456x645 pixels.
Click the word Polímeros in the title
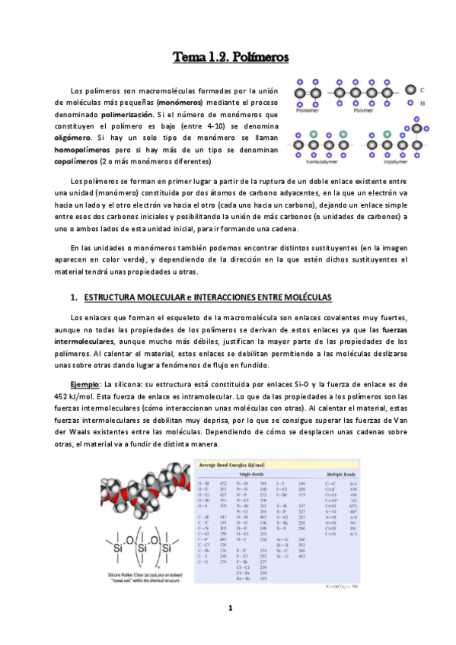258,56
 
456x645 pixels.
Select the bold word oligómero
78,138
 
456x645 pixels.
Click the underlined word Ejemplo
84,383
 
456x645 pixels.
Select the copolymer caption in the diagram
396,161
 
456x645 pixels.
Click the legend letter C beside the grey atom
423,90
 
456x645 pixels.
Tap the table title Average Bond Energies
231,464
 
